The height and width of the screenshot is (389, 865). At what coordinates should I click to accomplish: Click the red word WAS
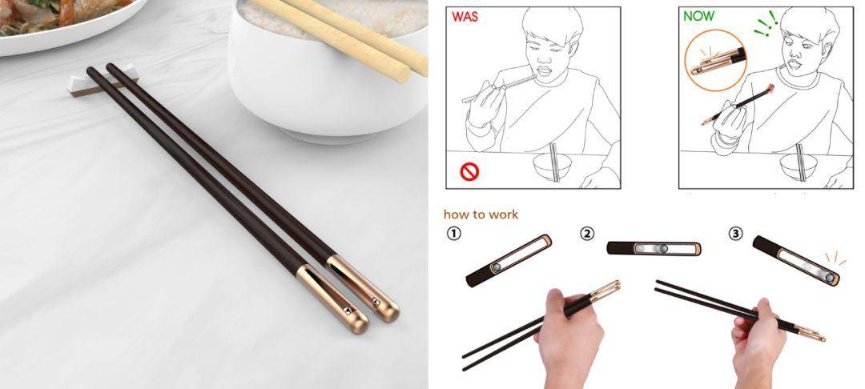coord(466,15)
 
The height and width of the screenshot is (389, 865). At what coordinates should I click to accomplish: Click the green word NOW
coord(699,15)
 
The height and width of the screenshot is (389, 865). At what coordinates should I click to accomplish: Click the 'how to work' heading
coord(481,215)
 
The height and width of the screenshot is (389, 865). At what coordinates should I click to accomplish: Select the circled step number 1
coord(453,235)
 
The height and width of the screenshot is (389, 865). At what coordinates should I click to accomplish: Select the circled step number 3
coord(735,234)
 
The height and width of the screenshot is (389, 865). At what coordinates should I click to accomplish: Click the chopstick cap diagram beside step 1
coord(509,260)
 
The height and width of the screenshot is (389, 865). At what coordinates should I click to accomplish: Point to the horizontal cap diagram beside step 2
coord(654,249)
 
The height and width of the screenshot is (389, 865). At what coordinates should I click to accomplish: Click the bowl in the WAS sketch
coord(551,167)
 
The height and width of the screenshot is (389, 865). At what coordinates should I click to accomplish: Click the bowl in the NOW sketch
coord(797,167)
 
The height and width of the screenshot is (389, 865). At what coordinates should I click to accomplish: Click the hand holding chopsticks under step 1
coord(571,336)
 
